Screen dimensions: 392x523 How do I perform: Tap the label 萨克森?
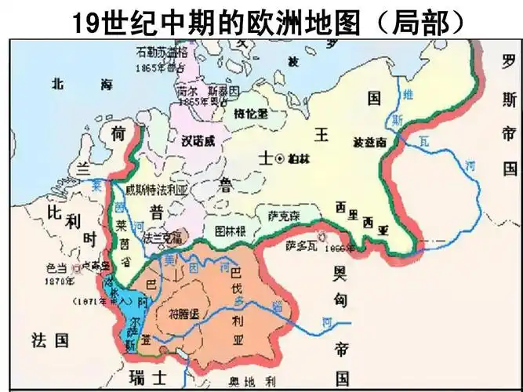coord(283,213)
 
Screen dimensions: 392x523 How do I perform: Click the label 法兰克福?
coord(162,236)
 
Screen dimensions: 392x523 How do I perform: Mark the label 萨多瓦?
coord(301,245)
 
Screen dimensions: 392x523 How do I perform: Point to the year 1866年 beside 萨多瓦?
coord(340,248)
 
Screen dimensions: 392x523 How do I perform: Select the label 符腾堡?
coord(185,314)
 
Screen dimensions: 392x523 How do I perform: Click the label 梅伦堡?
coord(251,113)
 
